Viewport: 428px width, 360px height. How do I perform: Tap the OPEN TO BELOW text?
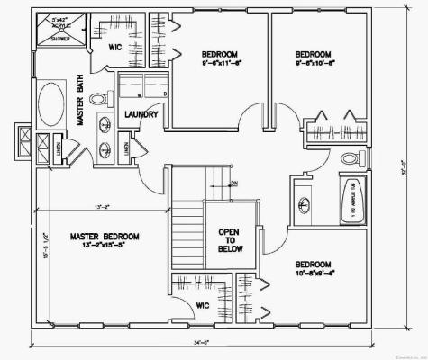click(229, 242)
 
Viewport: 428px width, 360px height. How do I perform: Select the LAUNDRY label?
click(141, 115)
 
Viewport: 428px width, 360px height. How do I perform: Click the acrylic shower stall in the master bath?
click(59, 31)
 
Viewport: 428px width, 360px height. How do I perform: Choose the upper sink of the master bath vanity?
click(106, 123)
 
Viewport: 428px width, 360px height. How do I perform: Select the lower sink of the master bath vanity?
click(106, 149)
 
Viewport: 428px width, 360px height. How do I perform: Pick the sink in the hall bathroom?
click(304, 202)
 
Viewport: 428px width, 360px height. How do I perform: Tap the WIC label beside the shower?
click(115, 47)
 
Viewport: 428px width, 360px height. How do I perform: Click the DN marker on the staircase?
click(233, 184)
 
